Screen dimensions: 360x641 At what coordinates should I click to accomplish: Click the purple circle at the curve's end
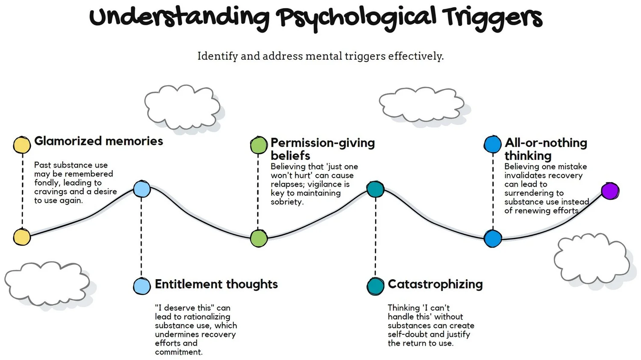610,191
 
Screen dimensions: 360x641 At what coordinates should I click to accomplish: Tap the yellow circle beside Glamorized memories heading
22,145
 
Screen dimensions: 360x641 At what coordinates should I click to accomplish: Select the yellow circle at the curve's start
22,237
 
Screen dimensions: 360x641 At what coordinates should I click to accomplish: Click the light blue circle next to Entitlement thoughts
142,286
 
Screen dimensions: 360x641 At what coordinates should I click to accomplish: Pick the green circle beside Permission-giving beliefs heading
259,145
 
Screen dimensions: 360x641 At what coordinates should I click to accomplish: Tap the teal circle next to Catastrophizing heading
375,286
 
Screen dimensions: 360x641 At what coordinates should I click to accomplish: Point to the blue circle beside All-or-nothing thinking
492,145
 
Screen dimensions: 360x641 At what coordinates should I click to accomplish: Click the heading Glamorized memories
98,141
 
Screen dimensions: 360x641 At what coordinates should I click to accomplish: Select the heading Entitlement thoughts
216,284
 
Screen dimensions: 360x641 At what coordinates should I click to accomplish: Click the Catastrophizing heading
435,284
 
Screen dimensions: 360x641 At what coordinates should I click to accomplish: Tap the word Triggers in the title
492,18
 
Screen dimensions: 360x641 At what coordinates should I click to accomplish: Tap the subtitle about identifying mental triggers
320,56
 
